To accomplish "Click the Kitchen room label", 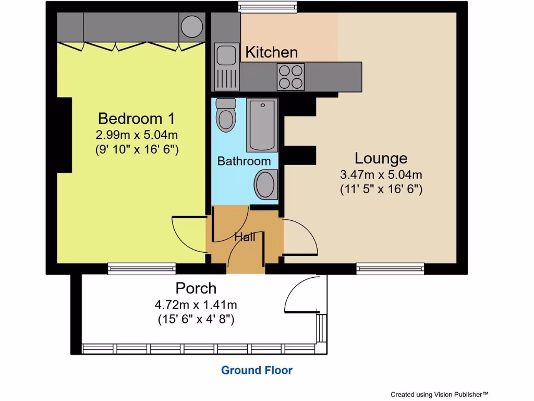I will (271, 52).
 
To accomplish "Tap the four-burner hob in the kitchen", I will (291, 76).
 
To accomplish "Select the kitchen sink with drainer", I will (226, 67).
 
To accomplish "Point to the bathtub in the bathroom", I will (262, 124).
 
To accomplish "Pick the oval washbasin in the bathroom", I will (265, 185).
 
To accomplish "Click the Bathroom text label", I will (244, 161).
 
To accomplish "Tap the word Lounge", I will (381, 158).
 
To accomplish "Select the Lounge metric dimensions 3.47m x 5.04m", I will (381, 174).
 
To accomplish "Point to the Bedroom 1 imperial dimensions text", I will (137, 149).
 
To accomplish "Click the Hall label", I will (245, 237).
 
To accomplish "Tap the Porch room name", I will (196, 288).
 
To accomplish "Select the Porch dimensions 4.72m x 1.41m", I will (196, 304).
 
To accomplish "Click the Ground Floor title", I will (257, 370).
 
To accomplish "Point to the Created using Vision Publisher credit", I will (439, 394).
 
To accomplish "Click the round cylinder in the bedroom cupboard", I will (192, 25).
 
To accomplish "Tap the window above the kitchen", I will (268, 7).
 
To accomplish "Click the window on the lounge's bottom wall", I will (390, 268).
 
